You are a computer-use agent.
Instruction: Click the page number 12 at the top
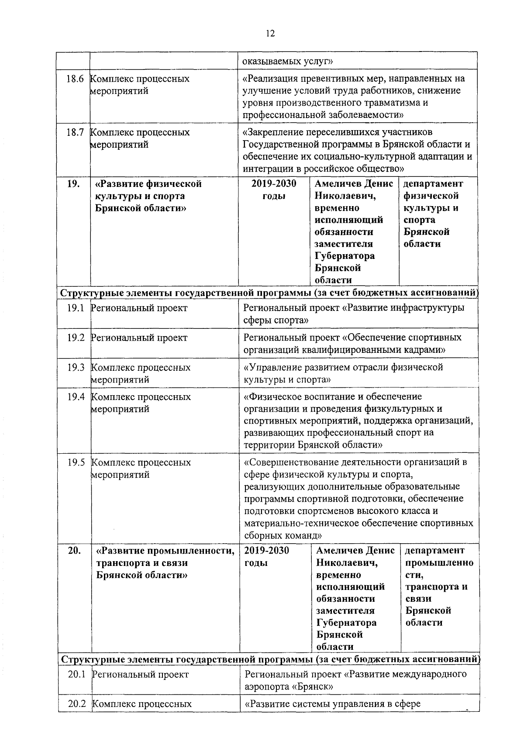click(x=270, y=34)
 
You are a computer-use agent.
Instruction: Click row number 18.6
click(x=75, y=79)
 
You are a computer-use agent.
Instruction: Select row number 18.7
click(x=75, y=132)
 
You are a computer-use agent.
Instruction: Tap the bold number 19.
click(x=73, y=184)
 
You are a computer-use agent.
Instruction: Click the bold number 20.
click(x=74, y=551)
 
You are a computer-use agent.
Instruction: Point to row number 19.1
click(x=75, y=308)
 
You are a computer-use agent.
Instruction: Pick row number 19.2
click(x=75, y=338)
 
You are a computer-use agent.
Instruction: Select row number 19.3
click(x=75, y=368)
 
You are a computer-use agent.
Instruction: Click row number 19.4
click(x=75, y=397)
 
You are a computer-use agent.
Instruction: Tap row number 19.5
click(x=76, y=462)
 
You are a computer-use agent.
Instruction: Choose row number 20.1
click(x=76, y=675)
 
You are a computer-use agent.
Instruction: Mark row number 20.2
click(x=76, y=704)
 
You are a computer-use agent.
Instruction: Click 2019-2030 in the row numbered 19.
click(x=274, y=184)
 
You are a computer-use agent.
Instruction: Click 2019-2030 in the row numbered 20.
click(x=267, y=551)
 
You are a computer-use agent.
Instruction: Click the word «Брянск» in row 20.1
click(x=315, y=686)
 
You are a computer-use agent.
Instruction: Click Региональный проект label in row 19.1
click(x=139, y=308)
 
